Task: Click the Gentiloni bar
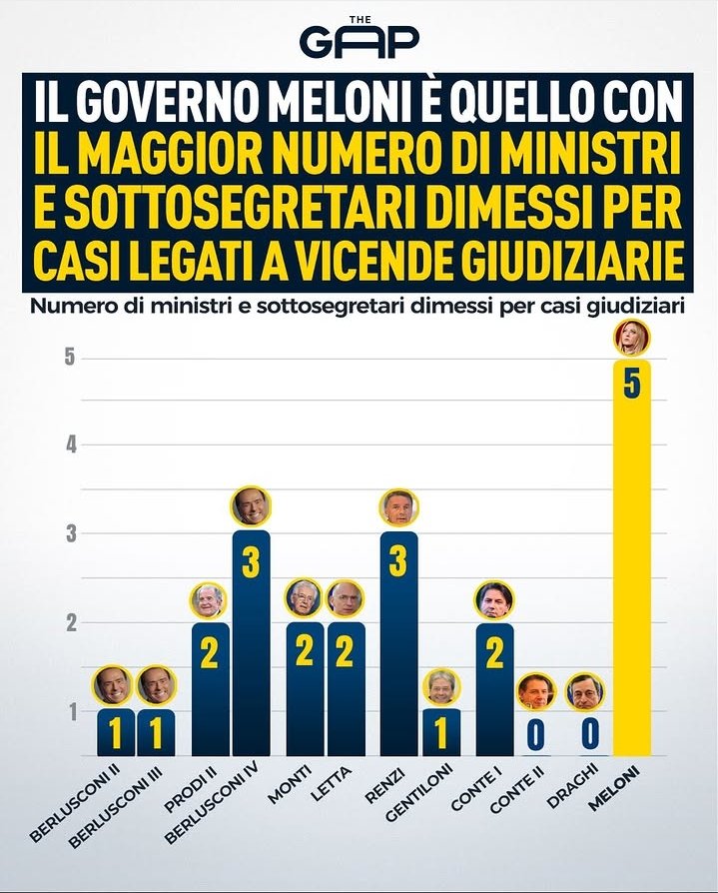440,734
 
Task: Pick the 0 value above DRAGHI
588,734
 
